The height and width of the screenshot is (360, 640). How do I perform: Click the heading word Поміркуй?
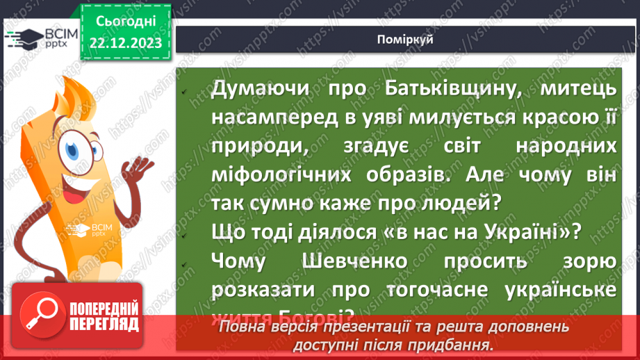(407, 40)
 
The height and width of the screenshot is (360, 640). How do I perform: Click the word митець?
(580, 88)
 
